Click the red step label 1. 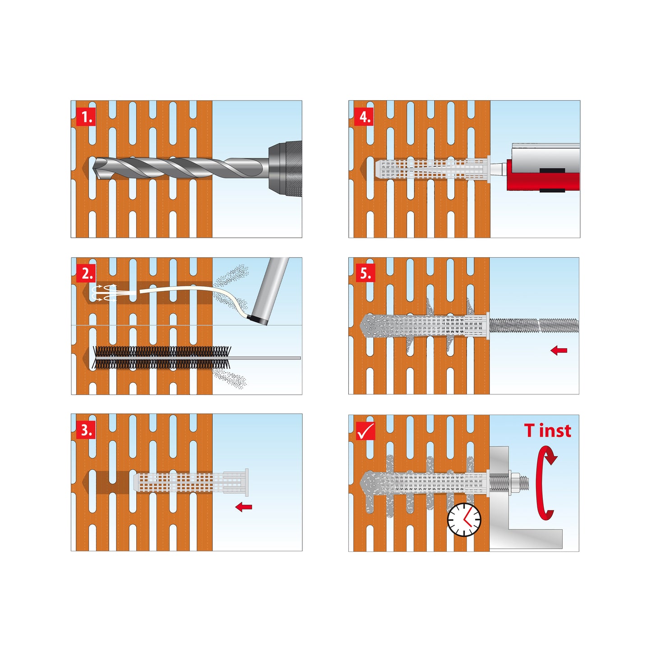pos(86,117)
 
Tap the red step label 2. pos(87,273)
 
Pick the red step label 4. pos(364,117)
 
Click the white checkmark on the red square pos(366,431)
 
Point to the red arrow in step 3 pos(244,507)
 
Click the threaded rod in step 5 pos(534,325)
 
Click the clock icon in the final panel pos(464,520)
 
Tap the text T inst pos(548,431)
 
